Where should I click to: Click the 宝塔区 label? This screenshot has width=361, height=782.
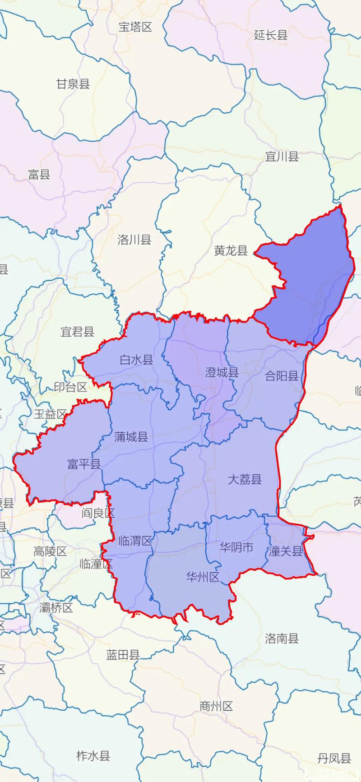(135, 27)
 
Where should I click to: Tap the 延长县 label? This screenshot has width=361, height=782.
(271, 35)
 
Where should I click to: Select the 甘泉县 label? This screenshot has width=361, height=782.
(73, 83)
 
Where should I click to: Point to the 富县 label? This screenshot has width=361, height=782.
(39, 174)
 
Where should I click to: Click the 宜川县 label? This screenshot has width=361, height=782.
(282, 157)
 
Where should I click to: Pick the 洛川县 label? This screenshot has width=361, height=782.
(134, 240)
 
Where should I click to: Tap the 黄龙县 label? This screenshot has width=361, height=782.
(231, 250)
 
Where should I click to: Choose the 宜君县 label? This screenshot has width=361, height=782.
(78, 332)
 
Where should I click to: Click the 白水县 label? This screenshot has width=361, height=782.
(137, 360)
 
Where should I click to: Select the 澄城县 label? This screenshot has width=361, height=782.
(222, 372)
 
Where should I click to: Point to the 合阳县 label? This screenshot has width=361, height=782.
(282, 375)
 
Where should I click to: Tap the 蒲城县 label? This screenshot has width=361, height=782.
(131, 436)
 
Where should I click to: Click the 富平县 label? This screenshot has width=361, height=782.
(84, 464)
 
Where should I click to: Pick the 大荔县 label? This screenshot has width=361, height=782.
(245, 479)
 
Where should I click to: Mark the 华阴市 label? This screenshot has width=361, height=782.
(237, 547)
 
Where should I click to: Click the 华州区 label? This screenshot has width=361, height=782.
(203, 577)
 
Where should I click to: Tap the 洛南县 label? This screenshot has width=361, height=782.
(282, 638)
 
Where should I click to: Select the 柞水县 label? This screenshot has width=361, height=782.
(93, 756)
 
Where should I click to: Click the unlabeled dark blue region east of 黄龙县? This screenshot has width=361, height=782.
(311, 280)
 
